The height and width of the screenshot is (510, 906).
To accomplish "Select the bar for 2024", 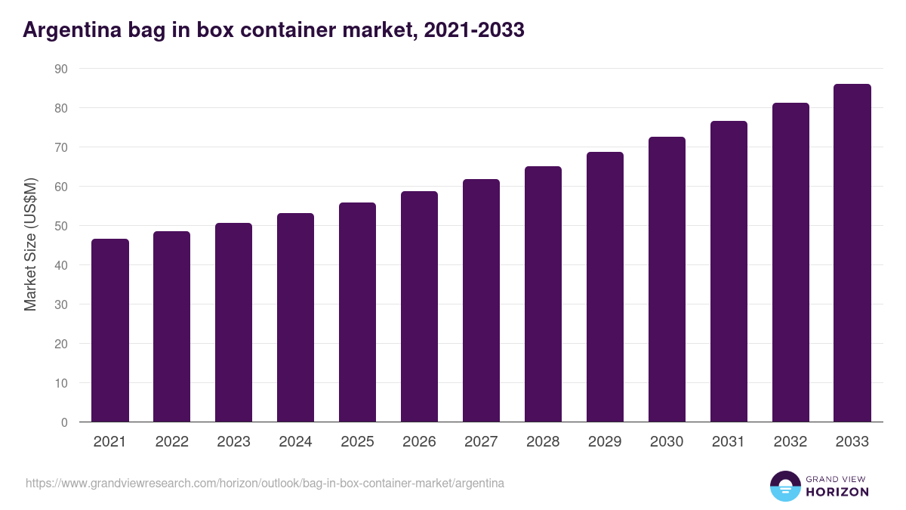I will tap(296, 317).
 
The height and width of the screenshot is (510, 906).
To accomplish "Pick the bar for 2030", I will tap(667, 280).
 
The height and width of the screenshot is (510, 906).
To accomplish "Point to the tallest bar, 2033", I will tap(852, 253).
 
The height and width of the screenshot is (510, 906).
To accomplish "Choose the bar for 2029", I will tap(606, 287).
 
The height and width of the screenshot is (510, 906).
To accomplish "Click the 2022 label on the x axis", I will tap(172, 442).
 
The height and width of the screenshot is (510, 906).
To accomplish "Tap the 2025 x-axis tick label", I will tap(358, 442).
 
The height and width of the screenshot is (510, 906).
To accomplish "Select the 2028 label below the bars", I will tap(544, 442).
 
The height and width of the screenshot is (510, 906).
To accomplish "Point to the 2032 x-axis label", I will tap(790, 442).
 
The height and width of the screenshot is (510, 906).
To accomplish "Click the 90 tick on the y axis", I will tap(61, 69).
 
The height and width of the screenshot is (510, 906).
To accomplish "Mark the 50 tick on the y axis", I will tap(61, 226).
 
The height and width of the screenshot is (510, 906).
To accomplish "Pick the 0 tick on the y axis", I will tap(64, 422).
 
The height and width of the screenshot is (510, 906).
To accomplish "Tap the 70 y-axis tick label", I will tap(61, 147).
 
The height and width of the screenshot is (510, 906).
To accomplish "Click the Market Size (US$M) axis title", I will tap(30, 246).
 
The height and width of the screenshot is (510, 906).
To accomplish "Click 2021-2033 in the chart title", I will tap(474, 30).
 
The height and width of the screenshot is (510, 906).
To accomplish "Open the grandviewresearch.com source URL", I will tap(265, 483).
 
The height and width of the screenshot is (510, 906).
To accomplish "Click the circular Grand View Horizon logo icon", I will tap(785, 486).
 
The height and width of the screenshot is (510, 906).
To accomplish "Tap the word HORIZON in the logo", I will tap(837, 492).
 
